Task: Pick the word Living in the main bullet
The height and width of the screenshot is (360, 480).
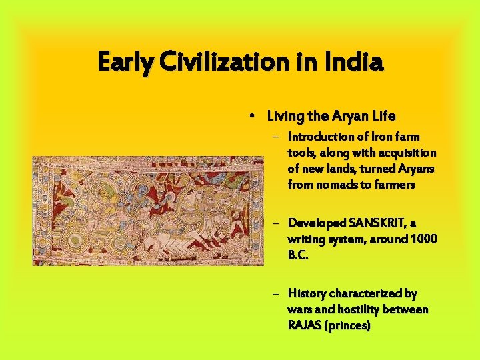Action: click(x=285, y=117)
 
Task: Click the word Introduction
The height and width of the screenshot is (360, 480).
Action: click(x=321, y=137)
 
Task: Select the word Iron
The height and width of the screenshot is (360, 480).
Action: click(x=371, y=137)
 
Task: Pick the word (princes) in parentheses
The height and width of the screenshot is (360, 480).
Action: click(x=348, y=326)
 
